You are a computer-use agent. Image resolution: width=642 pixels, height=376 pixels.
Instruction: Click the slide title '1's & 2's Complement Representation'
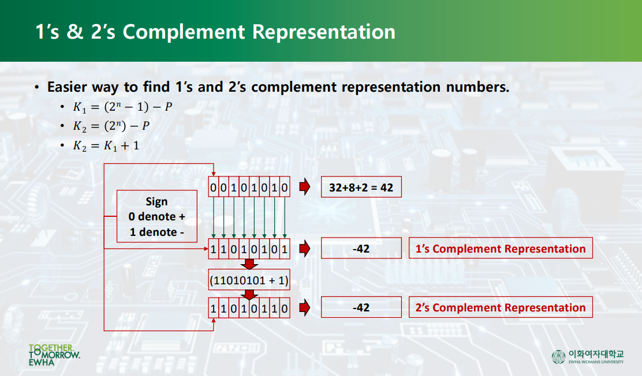[215, 32]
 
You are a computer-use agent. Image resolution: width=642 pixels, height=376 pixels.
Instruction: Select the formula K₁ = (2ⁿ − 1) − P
[122, 107]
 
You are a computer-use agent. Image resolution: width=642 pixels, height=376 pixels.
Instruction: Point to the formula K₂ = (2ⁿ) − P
[111, 127]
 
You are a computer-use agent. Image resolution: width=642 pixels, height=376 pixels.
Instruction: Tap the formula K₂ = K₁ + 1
[106, 146]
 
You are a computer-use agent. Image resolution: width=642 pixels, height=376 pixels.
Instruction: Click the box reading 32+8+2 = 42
[361, 188]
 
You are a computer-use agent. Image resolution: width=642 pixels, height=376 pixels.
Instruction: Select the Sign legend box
[156, 217]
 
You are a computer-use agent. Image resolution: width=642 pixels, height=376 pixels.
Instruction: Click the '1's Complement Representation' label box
[501, 249]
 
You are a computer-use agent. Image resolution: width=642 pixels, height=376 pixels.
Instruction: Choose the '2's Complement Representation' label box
[501, 308]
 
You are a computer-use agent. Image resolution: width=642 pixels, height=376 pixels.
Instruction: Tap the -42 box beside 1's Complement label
[361, 249]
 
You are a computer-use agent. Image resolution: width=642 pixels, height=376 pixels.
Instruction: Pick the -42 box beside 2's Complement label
[361, 308]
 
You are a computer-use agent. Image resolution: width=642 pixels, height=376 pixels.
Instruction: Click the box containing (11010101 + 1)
[249, 281]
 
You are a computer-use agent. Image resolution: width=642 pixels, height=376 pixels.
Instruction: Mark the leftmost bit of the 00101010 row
[214, 188]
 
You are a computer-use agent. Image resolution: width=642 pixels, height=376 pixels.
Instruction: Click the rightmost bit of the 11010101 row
[285, 249]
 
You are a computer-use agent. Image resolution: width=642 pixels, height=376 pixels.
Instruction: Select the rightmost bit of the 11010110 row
[285, 308]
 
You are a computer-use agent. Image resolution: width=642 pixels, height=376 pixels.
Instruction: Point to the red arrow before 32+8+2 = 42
[304, 187]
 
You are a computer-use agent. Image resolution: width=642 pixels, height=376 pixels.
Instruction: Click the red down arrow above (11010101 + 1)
[249, 265]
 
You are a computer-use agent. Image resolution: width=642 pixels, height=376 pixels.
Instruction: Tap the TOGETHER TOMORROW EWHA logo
[54, 355]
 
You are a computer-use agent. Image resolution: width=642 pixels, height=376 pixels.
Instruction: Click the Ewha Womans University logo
[588, 356]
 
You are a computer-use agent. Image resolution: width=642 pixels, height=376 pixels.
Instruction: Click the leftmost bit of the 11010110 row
[214, 308]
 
